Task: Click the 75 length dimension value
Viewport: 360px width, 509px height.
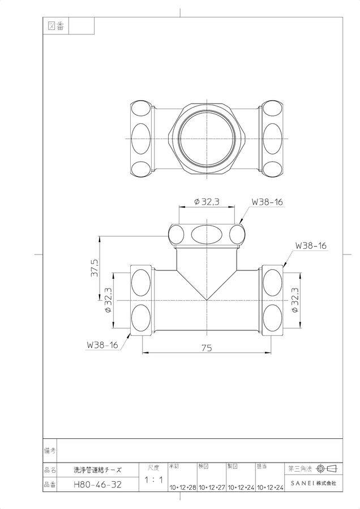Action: [207, 348]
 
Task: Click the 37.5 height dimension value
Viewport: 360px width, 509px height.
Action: [95, 268]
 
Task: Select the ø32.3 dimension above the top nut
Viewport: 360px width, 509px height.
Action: [207, 201]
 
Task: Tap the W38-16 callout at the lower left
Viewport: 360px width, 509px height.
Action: [102, 345]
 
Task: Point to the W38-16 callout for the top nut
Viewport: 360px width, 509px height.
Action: [267, 201]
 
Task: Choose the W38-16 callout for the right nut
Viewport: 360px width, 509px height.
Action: [311, 246]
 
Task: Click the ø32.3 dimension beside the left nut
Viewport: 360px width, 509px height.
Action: [108, 300]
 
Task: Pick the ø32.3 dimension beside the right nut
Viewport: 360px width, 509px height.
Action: [295, 300]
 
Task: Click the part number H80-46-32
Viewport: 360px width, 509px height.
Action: [97, 485]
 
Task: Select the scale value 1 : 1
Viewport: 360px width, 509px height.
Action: [154, 480]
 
